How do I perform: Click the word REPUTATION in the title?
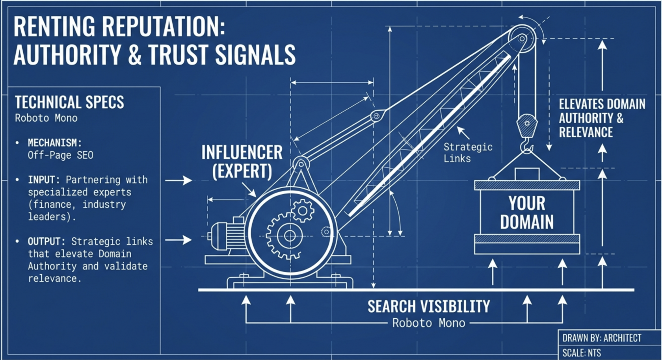[164, 27]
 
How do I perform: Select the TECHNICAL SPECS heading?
[69, 102]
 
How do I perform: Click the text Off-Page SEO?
[60, 155]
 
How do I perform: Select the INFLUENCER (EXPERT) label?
[242, 161]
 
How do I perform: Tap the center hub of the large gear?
[290, 236]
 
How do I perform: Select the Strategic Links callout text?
[468, 153]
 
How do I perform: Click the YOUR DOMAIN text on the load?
[527, 213]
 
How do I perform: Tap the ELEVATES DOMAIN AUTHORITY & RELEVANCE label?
[602, 118]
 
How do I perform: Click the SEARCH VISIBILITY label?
[429, 306]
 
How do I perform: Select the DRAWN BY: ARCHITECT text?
[602, 338]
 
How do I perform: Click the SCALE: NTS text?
[582, 353]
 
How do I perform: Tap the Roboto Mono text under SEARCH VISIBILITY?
[429, 323]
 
